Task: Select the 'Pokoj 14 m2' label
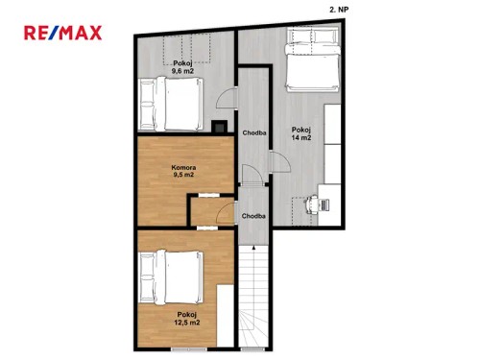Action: (300, 133)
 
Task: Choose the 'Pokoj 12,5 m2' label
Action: (187, 318)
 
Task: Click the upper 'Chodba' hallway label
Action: (254, 132)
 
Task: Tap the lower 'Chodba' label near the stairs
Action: (254, 216)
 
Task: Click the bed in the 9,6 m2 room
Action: (171, 103)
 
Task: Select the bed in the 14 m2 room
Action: (309, 63)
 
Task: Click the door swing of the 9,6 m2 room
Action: (228, 98)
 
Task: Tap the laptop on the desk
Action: (324, 204)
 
